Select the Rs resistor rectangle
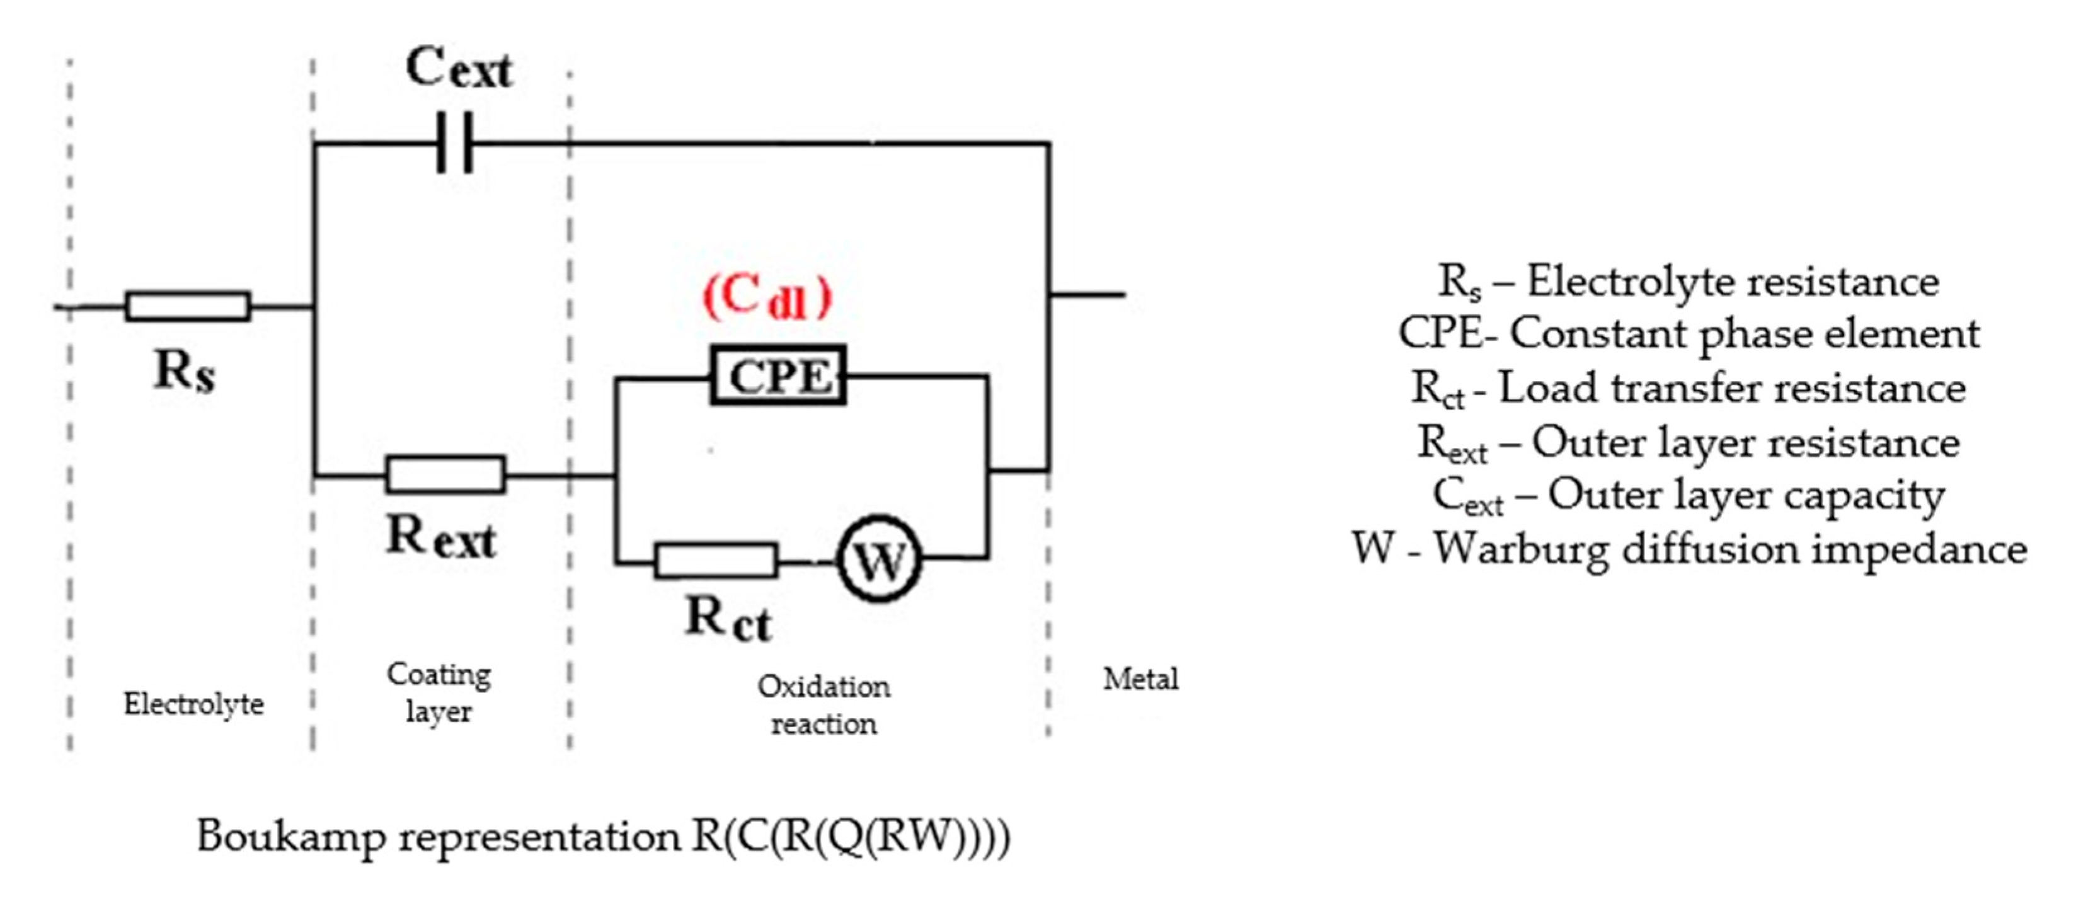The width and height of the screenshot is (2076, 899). coord(188,306)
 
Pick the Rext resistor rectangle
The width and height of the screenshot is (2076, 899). coord(445,474)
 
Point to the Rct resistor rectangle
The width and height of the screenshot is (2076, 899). coord(716,560)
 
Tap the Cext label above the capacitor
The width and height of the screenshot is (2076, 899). coord(459,69)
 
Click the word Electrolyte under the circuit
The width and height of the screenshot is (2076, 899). coord(193,705)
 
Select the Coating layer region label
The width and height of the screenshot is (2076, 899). coord(439,692)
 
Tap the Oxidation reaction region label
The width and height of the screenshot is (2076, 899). coord(823,705)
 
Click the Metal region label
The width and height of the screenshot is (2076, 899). coord(1140,679)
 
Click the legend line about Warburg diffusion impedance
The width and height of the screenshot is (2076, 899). coord(1689,549)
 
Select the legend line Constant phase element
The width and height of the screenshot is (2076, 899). coord(1689,333)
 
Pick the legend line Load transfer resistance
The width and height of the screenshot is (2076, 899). coord(1689,388)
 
